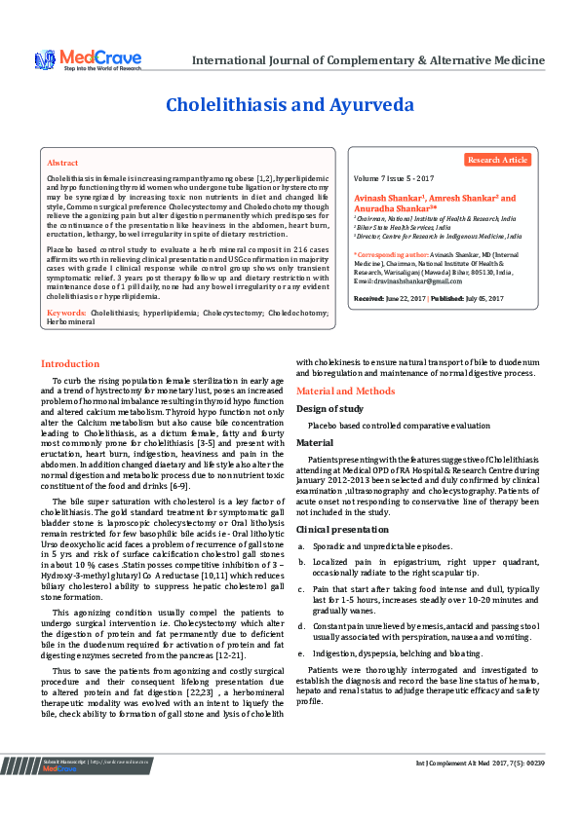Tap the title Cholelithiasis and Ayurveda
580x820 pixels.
pyautogui.click(x=290, y=104)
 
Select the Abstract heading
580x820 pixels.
pyautogui.click(x=62, y=163)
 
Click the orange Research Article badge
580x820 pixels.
pyautogui.click(x=497, y=160)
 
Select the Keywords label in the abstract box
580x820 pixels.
pyautogui.click(x=65, y=313)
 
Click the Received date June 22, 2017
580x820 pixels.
pyautogui.click(x=406, y=298)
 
